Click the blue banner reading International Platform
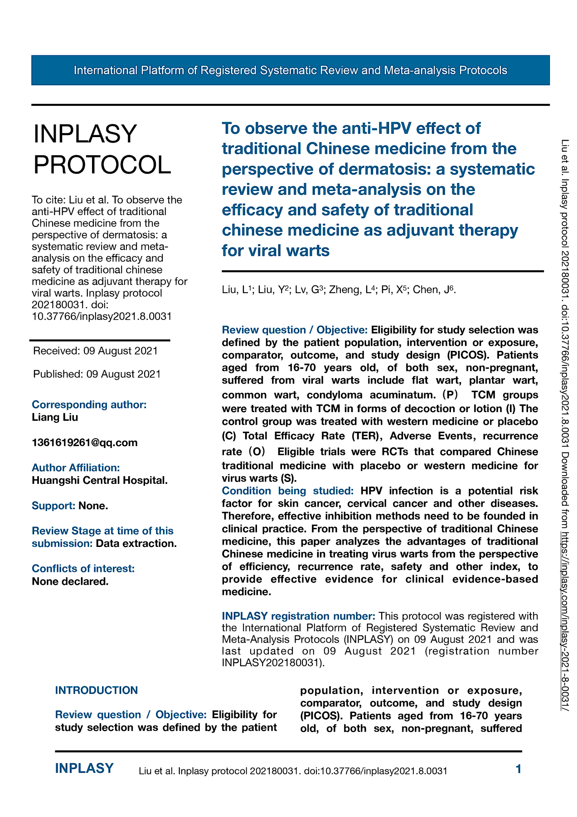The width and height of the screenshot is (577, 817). pos(290,70)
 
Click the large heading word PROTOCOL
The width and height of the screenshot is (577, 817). pos(102,164)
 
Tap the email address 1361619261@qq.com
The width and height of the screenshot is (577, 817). pos(85,443)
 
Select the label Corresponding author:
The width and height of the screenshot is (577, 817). pos(89,404)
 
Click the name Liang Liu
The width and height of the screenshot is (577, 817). pos(55,417)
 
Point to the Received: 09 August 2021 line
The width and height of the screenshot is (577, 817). pos(96,351)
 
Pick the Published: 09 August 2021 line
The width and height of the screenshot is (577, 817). pos(97,374)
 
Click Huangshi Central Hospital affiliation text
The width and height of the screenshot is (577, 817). pos(100,480)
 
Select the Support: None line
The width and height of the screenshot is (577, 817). pos(70,506)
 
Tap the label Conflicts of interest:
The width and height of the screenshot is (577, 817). pos(83,569)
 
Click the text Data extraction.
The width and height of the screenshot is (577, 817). pos(136,543)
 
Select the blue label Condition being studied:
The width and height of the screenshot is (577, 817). pos(288,491)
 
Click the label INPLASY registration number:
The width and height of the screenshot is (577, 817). pos(298,616)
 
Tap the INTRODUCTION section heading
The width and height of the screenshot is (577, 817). pos(97,690)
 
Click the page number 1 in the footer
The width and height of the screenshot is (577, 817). pos(519,769)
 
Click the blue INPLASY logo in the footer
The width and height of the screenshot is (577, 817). pos(84,768)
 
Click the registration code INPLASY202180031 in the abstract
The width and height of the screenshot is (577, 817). pos(272,663)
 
